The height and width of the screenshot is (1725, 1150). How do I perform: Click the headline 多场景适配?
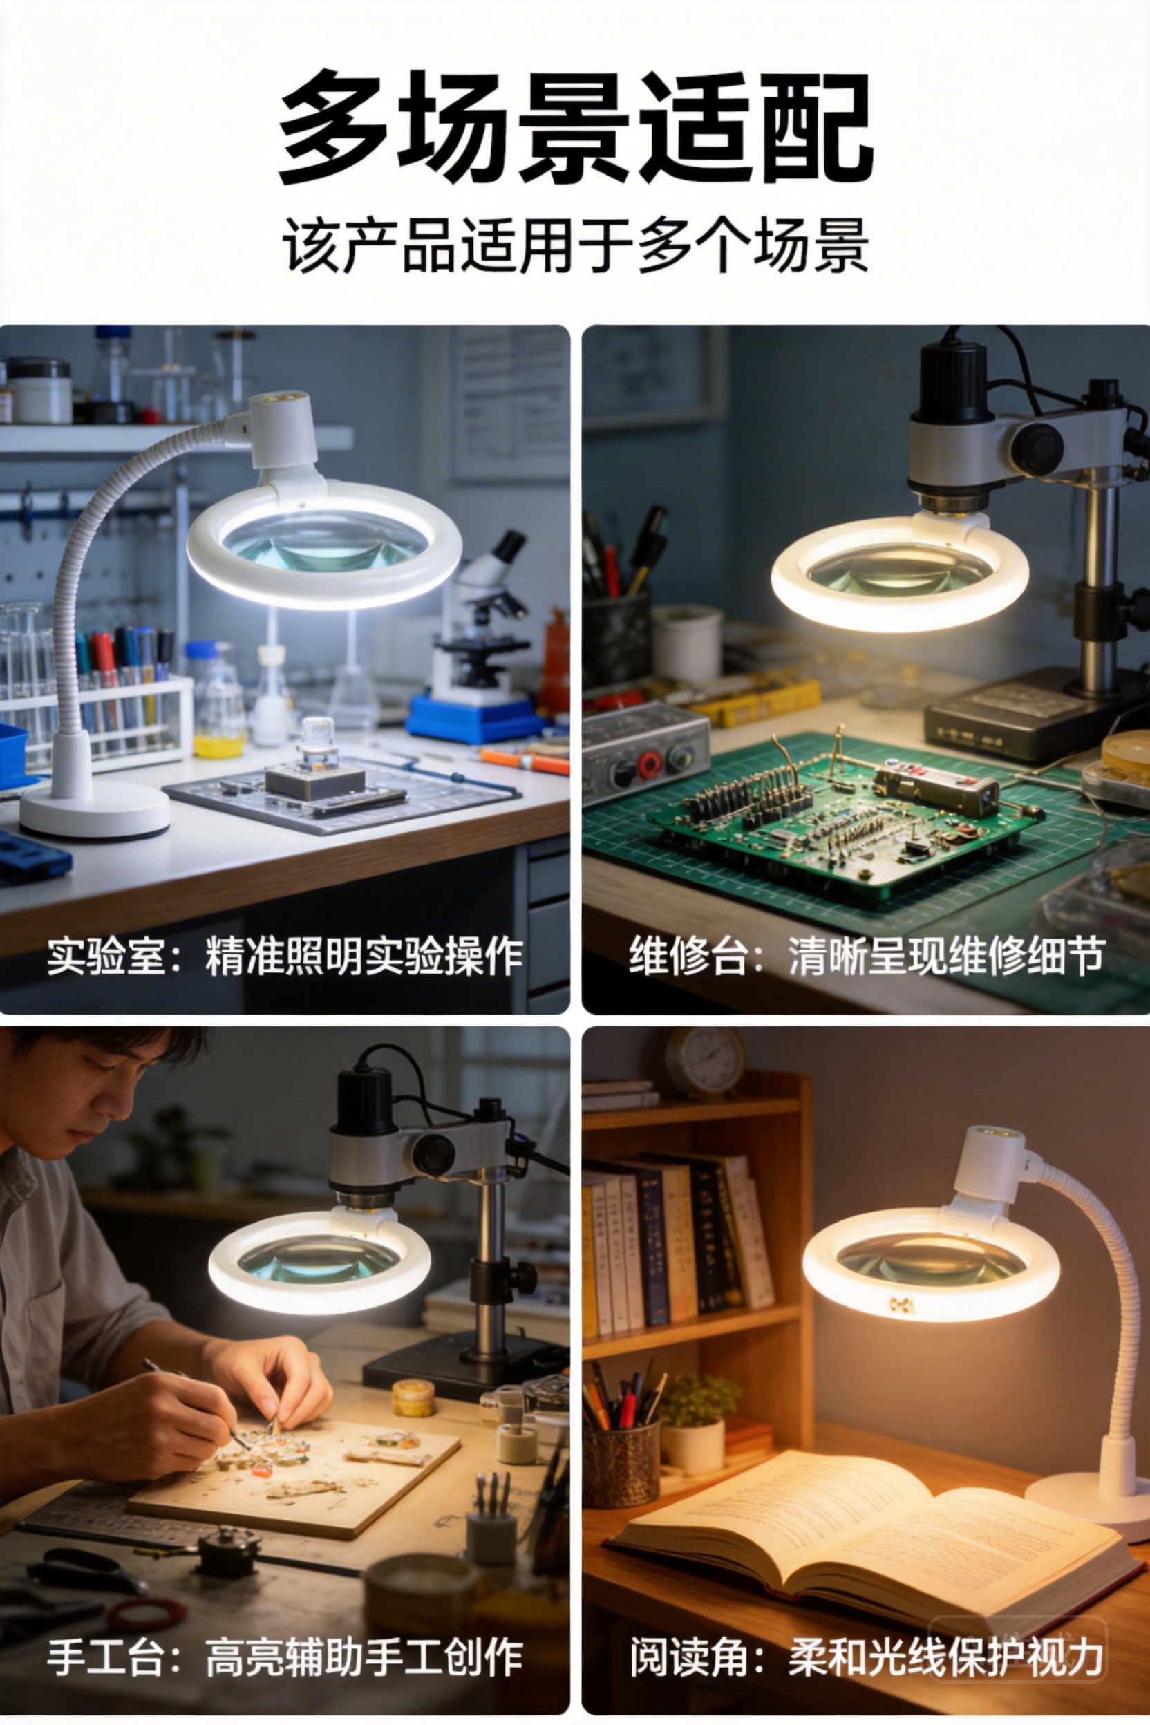coord(576,127)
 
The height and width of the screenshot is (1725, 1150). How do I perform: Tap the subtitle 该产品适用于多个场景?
coord(576,244)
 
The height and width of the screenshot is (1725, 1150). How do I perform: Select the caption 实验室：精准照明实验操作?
coord(285,956)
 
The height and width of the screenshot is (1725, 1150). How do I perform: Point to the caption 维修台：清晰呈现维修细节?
coord(866,956)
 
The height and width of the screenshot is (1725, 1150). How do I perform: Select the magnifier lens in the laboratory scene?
coord(325,542)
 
